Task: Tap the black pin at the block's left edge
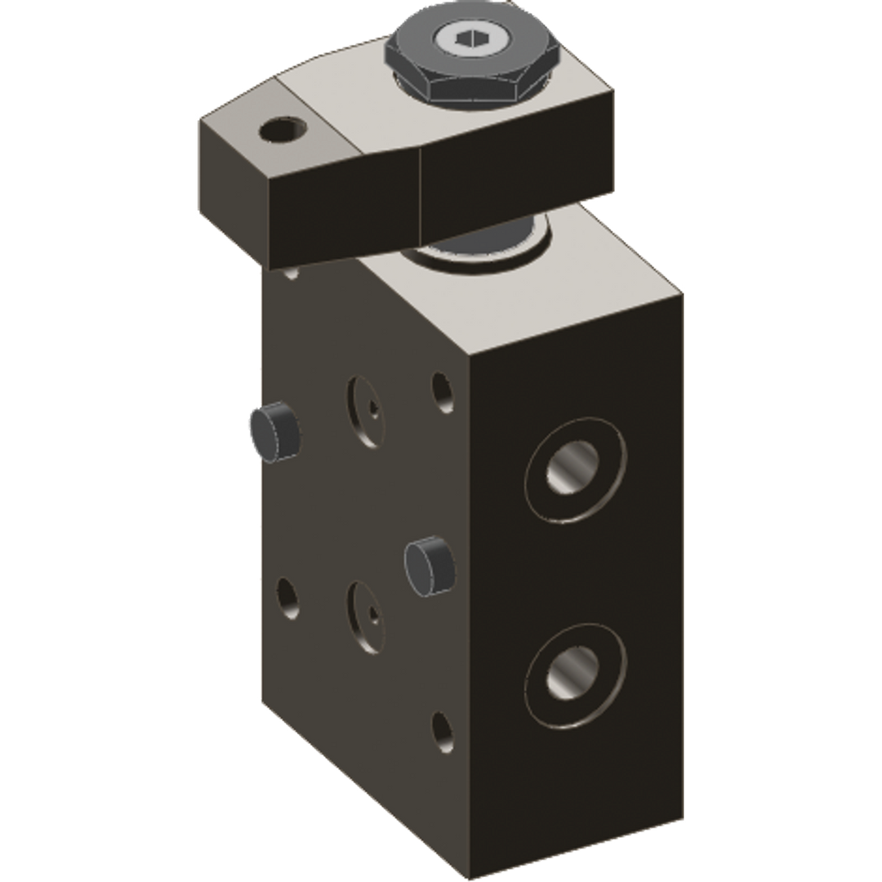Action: click(273, 432)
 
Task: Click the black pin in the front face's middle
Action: click(429, 564)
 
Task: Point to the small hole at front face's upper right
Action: click(442, 391)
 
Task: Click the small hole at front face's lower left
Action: click(287, 599)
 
